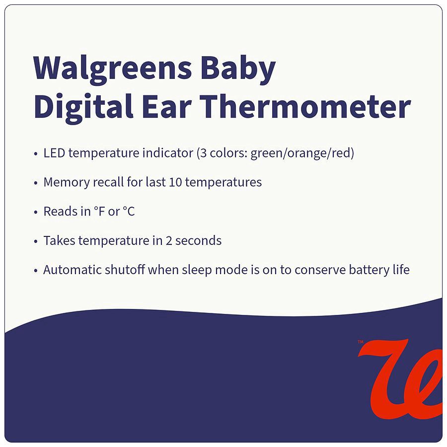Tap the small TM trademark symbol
tap(361, 342)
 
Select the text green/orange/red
tap(302, 153)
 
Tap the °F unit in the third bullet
tap(99, 212)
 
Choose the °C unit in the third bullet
tap(128, 212)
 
